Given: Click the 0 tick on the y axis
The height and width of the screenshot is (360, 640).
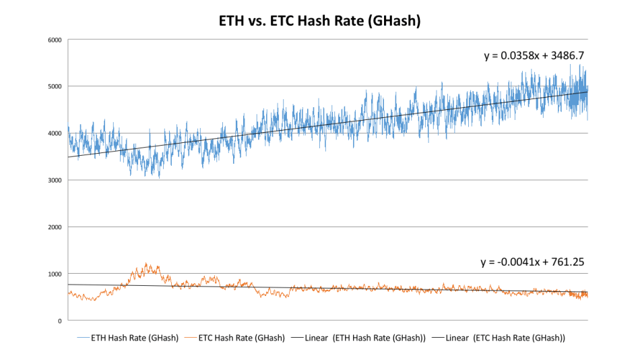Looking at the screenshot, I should click(x=60, y=321).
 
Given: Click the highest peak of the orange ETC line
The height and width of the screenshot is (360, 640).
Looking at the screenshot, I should click(x=146, y=264).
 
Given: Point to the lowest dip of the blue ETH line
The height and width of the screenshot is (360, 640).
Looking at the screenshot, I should click(x=159, y=178).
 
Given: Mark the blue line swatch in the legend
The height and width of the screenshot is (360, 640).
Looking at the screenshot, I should click(x=84, y=338).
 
